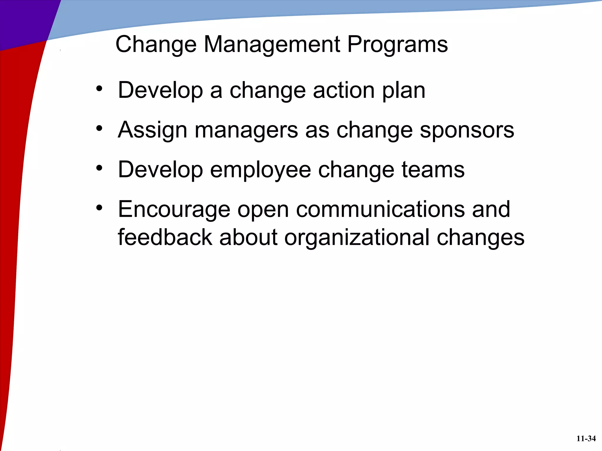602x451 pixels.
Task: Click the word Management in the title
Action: (272, 45)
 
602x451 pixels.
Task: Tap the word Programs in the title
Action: (397, 45)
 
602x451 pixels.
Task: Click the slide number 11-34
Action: (586, 439)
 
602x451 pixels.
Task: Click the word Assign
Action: (152, 130)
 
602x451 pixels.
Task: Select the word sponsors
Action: (467, 130)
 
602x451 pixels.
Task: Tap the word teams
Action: (433, 170)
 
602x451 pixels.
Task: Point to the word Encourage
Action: (174, 210)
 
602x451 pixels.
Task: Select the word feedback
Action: (165, 237)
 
